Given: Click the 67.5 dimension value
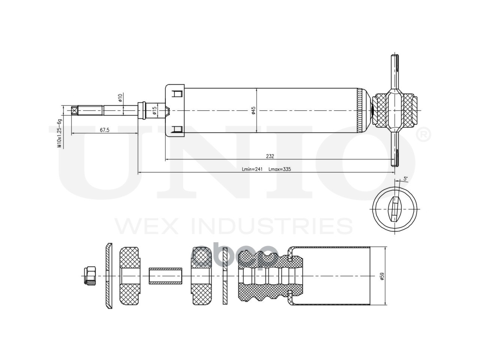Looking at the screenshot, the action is pyautogui.click(x=105, y=130).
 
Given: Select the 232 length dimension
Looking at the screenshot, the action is pyautogui.click(x=270, y=156).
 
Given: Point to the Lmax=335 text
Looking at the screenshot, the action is pyautogui.click(x=280, y=169).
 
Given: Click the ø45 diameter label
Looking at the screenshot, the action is pyautogui.click(x=253, y=111).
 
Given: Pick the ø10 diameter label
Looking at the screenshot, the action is pyautogui.click(x=120, y=98).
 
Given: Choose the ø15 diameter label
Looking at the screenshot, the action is pyautogui.click(x=154, y=111).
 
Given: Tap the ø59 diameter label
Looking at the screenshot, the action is pyautogui.click(x=382, y=276).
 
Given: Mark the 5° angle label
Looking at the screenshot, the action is pyautogui.click(x=405, y=178).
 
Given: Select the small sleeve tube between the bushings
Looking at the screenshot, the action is pyautogui.click(x=165, y=276).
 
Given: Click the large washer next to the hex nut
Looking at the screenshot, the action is pyautogui.click(x=108, y=276).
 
